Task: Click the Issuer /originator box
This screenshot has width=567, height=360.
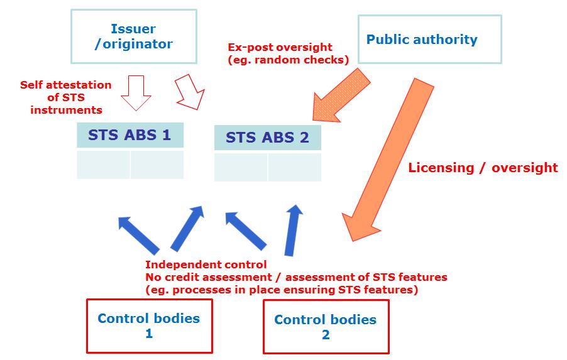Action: [x=134, y=36]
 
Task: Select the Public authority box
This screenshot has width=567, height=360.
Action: [x=430, y=40]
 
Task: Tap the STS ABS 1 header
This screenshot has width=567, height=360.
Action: [x=130, y=135]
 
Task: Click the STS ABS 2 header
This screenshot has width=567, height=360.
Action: [x=268, y=138]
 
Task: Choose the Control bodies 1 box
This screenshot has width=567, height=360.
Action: [x=150, y=325]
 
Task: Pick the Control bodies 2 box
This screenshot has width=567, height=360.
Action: [x=326, y=327]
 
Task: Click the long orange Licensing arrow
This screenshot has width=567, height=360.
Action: [x=388, y=159]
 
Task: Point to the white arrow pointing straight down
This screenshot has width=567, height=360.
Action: [x=136, y=93]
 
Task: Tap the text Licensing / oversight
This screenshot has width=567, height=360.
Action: [x=483, y=168]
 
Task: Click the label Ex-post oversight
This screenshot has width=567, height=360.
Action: [x=280, y=47]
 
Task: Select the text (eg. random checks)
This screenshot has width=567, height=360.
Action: [x=288, y=60]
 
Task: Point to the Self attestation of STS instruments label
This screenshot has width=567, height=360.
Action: [x=66, y=97]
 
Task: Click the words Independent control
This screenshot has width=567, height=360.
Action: [x=206, y=265]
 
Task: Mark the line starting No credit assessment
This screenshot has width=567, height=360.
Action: [x=296, y=277]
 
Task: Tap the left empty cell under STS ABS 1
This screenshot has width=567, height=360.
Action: [x=104, y=165]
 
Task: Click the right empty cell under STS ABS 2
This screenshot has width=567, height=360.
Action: [x=295, y=167]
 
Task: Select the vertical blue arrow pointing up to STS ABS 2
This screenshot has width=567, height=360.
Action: [x=293, y=231]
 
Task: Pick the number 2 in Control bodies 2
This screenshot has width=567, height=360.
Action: [x=326, y=335]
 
